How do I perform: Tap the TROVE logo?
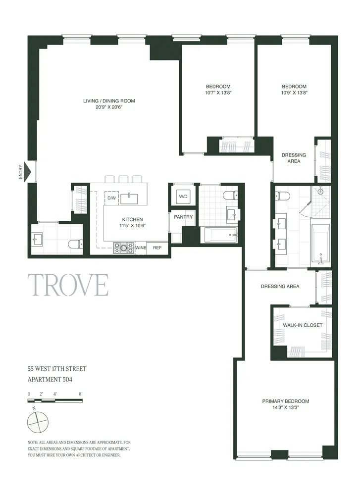tap(70, 285)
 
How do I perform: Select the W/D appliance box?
tap(183, 197)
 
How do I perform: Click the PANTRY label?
tap(183, 217)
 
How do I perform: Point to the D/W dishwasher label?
tap(111, 198)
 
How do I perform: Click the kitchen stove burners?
tap(124, 247)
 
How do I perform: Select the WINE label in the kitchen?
tap(141, 248)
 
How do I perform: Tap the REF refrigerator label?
tap(157, 248)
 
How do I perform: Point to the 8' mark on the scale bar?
tap(80, 394)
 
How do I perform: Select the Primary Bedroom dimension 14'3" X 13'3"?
tap(286, 408)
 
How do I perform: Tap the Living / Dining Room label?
tap(109, 101)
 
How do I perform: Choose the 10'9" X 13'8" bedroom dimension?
tap(294, 93)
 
